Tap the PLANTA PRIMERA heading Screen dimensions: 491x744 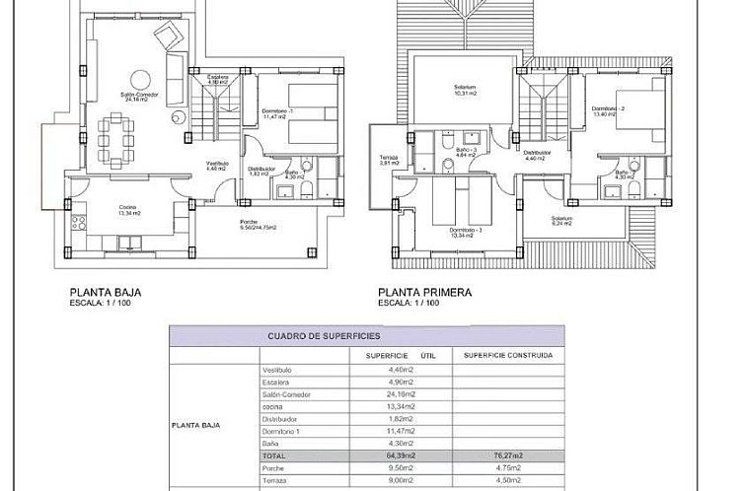(424, 292)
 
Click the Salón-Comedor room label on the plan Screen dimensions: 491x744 (134, 98)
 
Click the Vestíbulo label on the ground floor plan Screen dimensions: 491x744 (217, 166)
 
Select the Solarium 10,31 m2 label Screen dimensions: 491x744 (463, 92)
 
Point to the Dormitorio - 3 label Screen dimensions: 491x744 (463, 233)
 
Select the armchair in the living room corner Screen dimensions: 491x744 (169, 36)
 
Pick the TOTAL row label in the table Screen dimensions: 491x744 (274, 456)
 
